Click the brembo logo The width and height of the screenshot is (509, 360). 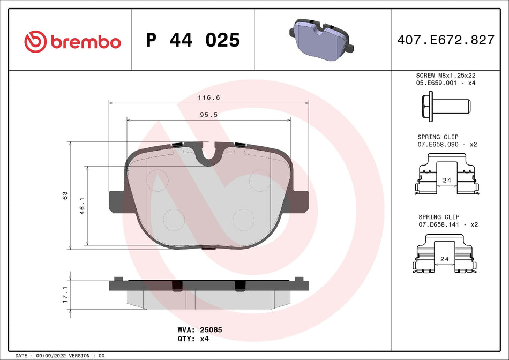tap(73, 40)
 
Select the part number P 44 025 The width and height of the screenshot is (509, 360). tap(193, 40)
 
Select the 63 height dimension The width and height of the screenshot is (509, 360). tap(65, 195)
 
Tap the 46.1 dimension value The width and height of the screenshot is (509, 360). tap(83, 206)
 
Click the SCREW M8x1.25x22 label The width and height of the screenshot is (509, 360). tap(446, 76)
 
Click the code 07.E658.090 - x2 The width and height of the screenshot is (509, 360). tap(446, 145)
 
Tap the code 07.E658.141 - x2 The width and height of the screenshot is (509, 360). tap(446, 224)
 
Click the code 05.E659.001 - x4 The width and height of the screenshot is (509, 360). tap(446, 84)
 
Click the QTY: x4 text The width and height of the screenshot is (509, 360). tap(192, 339)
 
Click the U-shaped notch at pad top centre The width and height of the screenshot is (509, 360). tap(209, 154)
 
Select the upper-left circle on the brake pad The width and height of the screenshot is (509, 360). tap(157, 179)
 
